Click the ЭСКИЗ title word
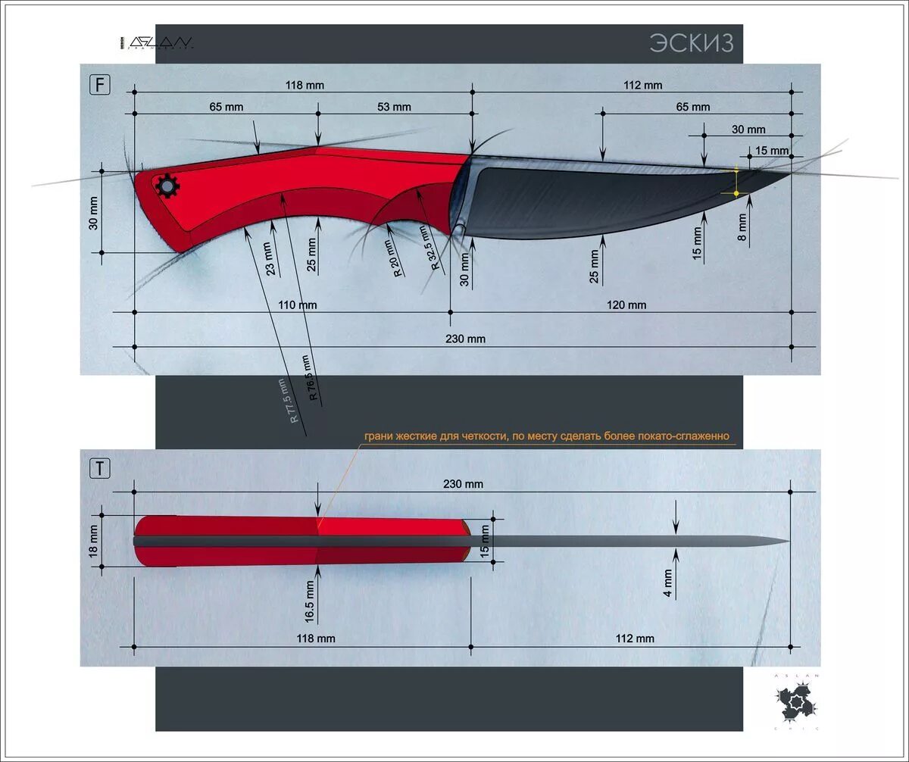[691, 43]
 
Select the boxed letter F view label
[100, 84]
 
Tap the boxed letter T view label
[100, 469]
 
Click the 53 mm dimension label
[395, 107]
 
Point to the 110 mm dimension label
[297, 304]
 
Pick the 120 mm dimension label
[626, 304]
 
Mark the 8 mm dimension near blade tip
[742, 227]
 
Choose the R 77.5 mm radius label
[289, 401]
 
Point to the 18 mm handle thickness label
[94, 541]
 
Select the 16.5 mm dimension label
[309, 601]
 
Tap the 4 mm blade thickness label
[668, 585]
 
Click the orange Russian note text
[546, 436]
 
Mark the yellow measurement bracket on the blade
[736, 182]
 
